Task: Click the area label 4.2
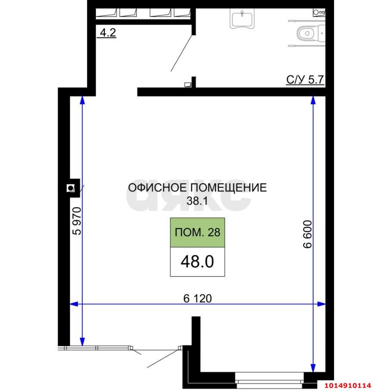tap(108, 33)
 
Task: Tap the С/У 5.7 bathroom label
tap(305, 80)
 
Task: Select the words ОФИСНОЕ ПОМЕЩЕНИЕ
tap(197, 188)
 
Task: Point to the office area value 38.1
tap(197, 200)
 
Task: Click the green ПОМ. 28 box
tap(197, 232)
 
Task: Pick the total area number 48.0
tap(197, 262)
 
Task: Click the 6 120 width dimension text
tap(198, 298)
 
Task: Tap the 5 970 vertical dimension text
tap(77, 221)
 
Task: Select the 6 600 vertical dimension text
tap(307, 235)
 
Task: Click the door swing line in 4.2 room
tap(181, 54)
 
